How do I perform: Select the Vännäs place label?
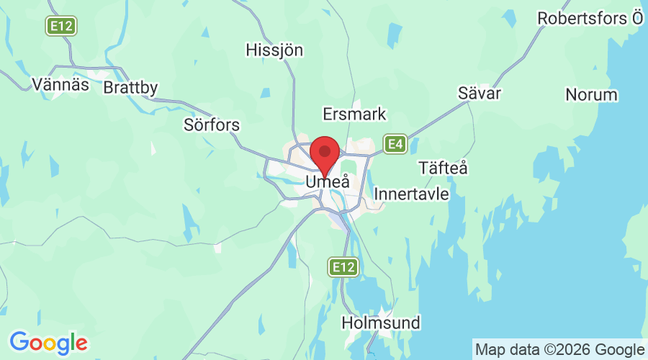[x=60, y=84]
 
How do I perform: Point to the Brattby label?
[x=130, y=88]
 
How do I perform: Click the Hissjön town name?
[x=274, y=50]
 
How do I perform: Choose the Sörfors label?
[x=212, y=125]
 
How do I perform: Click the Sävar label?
[x=480, y=93]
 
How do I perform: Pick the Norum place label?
[x=591, y=95]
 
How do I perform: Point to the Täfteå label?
[x=443, y=168]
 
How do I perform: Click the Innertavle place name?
[x=412, y=194]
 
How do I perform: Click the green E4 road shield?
[x=395, y=145]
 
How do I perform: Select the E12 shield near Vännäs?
[x=60, y=27]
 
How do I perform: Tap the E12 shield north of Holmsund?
[x=343, y=268]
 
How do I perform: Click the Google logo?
[x=48, y=342]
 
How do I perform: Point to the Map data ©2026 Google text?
[x=559, y=348]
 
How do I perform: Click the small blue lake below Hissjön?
[x=266, y=92]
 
